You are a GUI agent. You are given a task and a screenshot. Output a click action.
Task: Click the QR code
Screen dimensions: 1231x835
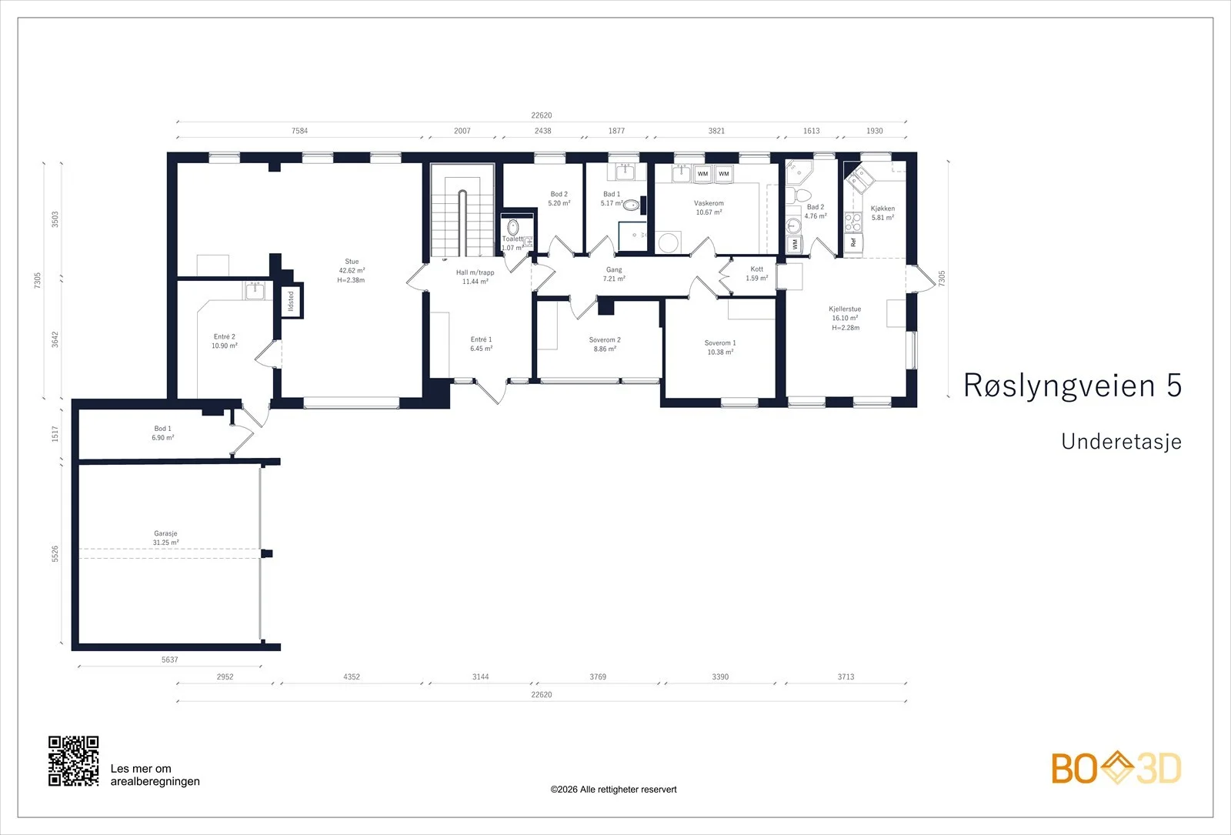(74, 761)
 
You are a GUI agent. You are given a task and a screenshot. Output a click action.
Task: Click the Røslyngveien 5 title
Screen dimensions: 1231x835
(1073, 385)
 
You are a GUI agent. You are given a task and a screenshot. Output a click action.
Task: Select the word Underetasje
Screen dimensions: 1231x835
(1121, 442)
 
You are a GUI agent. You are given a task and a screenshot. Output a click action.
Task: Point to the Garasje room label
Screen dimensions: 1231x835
(165, 538)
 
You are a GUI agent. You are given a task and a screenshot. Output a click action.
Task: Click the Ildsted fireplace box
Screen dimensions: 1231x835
(292, 300)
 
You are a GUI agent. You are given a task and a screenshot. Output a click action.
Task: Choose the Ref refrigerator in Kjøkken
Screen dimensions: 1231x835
(853, 242)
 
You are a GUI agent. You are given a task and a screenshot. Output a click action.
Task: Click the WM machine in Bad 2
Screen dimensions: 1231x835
(794, 243)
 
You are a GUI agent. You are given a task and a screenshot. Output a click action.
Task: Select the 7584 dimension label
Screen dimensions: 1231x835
(299, 131)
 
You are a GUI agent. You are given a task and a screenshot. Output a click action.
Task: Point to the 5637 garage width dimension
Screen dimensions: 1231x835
(170, 660)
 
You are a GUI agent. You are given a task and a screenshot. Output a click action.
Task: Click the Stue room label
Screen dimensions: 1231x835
(351, 270)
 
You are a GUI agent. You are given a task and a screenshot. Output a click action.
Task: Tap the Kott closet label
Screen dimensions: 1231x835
(757, 274)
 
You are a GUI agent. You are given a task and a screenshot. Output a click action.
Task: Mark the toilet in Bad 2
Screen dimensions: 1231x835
(799, 195)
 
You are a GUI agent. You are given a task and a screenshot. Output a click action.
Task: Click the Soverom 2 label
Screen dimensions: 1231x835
(605, 344)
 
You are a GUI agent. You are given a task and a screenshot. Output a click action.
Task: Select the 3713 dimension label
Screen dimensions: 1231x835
(846, 676)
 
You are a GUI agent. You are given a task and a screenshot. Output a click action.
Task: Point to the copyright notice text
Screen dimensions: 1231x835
(613, 790)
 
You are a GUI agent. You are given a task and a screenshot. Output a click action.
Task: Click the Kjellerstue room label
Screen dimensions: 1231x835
(846, 319)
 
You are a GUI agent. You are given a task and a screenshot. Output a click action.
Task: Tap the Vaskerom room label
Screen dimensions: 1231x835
(709, 208)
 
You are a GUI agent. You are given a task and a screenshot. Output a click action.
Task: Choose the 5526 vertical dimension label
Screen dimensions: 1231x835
(55, 553)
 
